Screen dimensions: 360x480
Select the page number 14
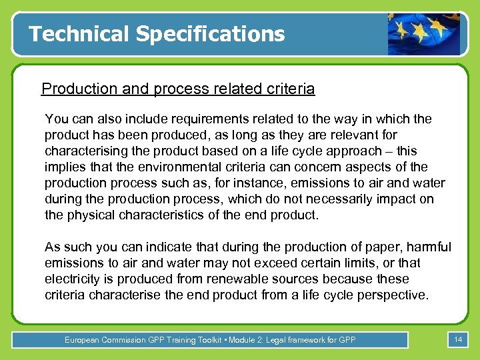tap(458, 340)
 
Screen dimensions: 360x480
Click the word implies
tap(65, 167)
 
